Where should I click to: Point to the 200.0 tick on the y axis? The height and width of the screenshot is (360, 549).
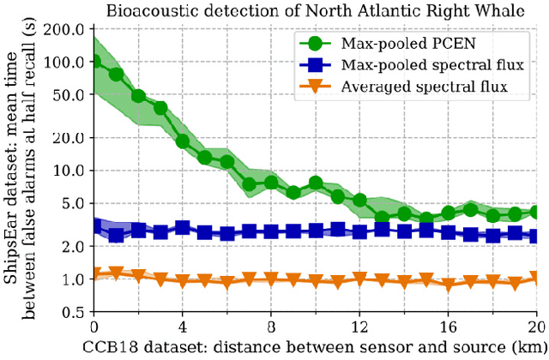[x=68, y=29]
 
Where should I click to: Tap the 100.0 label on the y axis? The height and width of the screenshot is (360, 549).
[x=68, y=62]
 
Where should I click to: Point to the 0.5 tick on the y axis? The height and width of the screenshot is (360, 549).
[x=75, y=313]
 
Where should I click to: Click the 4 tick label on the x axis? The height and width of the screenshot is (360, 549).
[x=182, y=328]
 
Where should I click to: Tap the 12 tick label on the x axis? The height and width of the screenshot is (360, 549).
[x=359, y=328]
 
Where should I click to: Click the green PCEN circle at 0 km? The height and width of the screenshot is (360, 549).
[x=94, y=62]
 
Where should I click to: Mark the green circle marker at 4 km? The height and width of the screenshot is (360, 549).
[x=183, y=141]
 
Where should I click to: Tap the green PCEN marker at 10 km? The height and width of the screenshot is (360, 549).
[x=316, y=183]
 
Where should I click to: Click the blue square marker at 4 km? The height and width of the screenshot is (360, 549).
[x=183, y=228]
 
